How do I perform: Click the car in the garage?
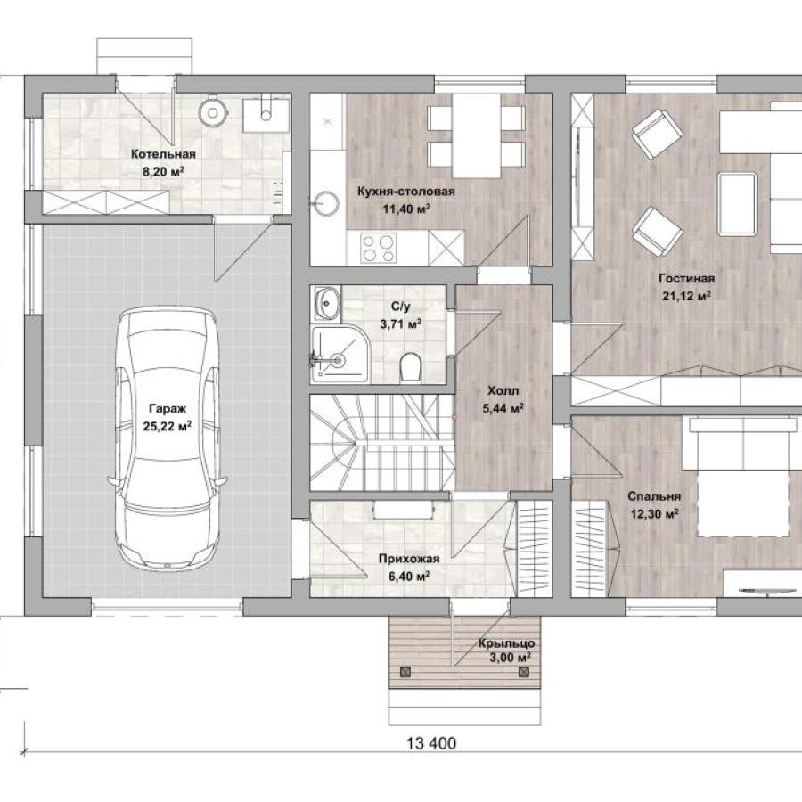(168, 438)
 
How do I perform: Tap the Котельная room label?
(163, 154)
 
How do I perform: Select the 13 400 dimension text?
(431, 743)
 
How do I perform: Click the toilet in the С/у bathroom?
(410, 365)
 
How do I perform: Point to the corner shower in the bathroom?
(340, 354)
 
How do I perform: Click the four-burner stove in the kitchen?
(379, 248)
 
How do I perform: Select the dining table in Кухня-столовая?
(476, 135)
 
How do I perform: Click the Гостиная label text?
(686, 279)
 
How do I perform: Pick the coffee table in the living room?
(737, 204)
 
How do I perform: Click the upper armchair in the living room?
(658, 134)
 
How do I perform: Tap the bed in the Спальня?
(743, 477)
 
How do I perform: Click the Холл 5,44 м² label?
(503, 399)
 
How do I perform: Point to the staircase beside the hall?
(382, 442)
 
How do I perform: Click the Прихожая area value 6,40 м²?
(409, 577)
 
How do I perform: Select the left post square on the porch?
(405, 672)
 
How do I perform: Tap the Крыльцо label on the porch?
(506, 643)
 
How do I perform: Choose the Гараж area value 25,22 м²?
(168, 426)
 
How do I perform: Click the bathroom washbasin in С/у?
(326, 303)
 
